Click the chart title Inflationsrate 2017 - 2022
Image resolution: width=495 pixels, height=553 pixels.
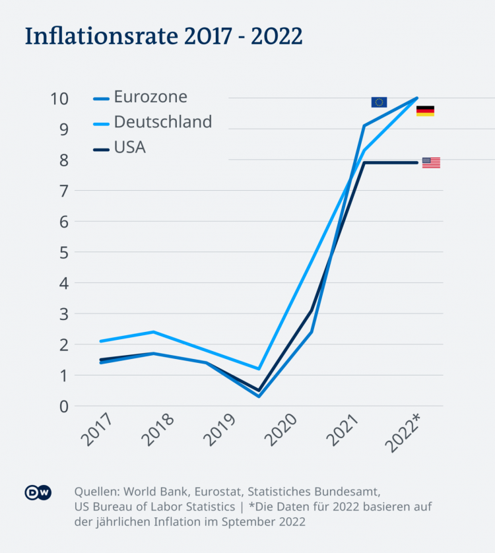pos(164,36)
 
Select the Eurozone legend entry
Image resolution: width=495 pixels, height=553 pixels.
pos(150,97)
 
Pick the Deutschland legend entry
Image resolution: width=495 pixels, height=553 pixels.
pos(162,122)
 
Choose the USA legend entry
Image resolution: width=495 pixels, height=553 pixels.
pos(130,147)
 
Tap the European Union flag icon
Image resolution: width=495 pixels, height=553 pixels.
pos(379,102)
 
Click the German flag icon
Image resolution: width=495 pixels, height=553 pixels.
pos(425,111)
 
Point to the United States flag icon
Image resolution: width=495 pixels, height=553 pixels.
pos(431,163)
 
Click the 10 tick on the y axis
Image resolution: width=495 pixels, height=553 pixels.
pos(60,98)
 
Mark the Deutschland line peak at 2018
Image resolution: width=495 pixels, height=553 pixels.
pos(153,332)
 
